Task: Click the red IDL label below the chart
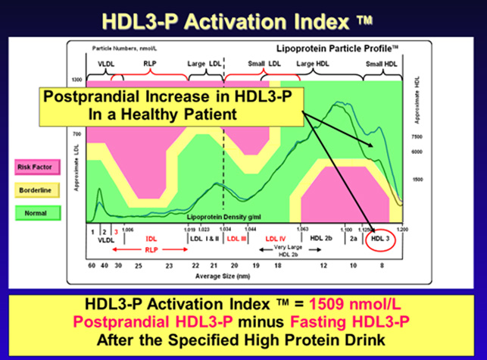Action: pyautogui.click(x=151, y=239)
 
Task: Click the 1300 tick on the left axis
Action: pyautogui.click(x=76, y=79)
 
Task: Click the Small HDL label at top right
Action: pyautogui.click(x=382, y=64)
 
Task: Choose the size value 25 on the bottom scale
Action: pyautogui.click(x=138, y=265)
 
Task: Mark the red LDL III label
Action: pyautogui.click(x=237, y=239)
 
